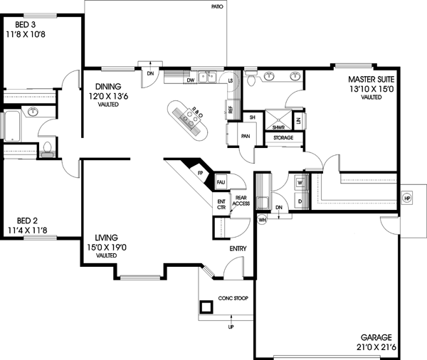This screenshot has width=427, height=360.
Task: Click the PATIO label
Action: pyautogui.click(x=217, y=6)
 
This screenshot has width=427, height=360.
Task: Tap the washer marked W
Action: pyautogui.click(x=299, y=182)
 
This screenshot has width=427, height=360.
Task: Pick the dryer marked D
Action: pyautogui.click(x=299, y=201)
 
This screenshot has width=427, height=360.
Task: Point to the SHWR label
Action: pyautogui.click(x=278, y=127)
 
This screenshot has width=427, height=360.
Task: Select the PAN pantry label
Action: pyautogui.click(x=245, y=135)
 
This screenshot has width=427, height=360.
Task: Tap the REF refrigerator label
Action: pyautogui.click(x=231, y=109)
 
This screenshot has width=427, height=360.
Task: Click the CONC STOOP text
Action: pyautogui.click(x=233, y=299)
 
